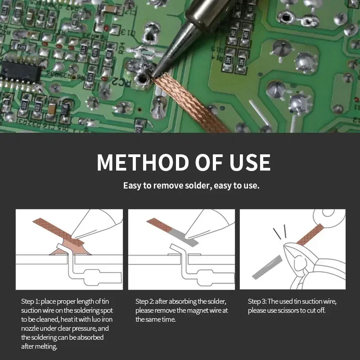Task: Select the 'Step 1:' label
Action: pos(30,301)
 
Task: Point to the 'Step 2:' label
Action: pos(144,301)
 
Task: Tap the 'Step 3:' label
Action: pos(257,301)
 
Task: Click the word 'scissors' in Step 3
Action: pos(290,310)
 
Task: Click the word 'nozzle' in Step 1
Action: pos(31,328)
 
